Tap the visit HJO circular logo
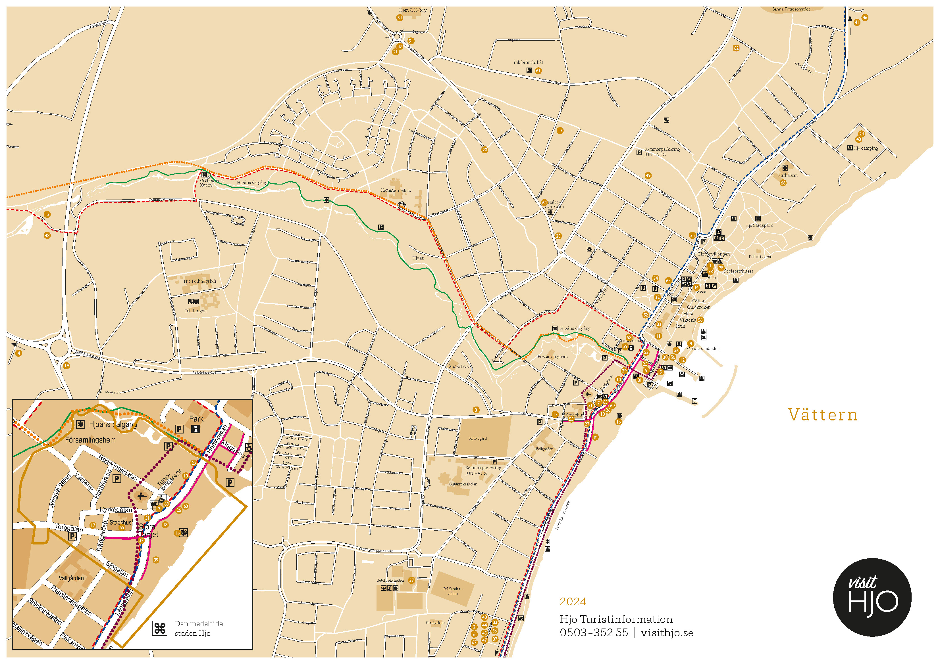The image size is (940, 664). point(872,597)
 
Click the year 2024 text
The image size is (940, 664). point(573,602)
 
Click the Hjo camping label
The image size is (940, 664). point(866,148)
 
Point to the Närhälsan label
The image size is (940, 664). point(787,175)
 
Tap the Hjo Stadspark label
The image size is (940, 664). point(759,225)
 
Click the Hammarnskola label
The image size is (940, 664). point(396,190)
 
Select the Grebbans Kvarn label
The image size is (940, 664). point(209,183)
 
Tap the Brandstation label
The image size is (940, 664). point(459,366)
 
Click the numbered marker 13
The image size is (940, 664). point(47,214)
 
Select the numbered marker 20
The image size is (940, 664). point(485,150)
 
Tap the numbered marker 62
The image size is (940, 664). point(736,48)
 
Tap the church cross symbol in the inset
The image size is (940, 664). point(141,496)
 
